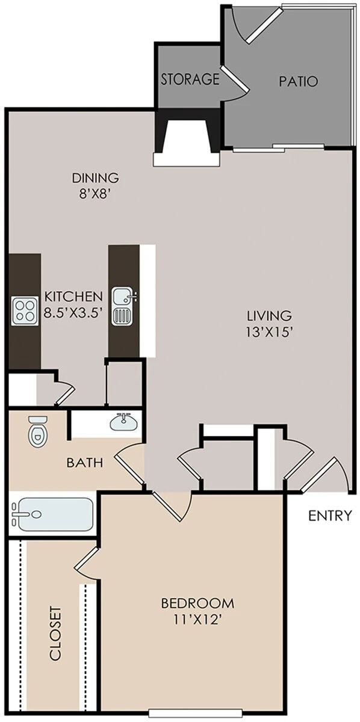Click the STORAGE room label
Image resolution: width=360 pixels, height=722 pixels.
coord(190,79)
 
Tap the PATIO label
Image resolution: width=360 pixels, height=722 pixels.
coord(299,81)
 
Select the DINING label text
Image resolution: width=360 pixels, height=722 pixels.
coord(96,177)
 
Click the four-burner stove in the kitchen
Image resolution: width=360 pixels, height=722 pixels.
coord(24,311)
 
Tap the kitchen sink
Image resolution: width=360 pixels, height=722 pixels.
coord(125,306)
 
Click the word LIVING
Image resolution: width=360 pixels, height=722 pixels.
coord(269,315)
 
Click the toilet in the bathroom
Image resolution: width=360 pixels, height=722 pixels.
coord(38,431)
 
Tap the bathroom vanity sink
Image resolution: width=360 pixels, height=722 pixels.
coord(123,422)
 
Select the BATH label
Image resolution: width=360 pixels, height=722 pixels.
coord(85,463)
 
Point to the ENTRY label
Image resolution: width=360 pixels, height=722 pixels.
coord(330,516)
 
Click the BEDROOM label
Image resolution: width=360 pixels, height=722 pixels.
coord(197,603)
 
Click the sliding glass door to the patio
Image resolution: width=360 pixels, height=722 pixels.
coord(278,148)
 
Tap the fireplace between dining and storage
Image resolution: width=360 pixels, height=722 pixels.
coord(187,138)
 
